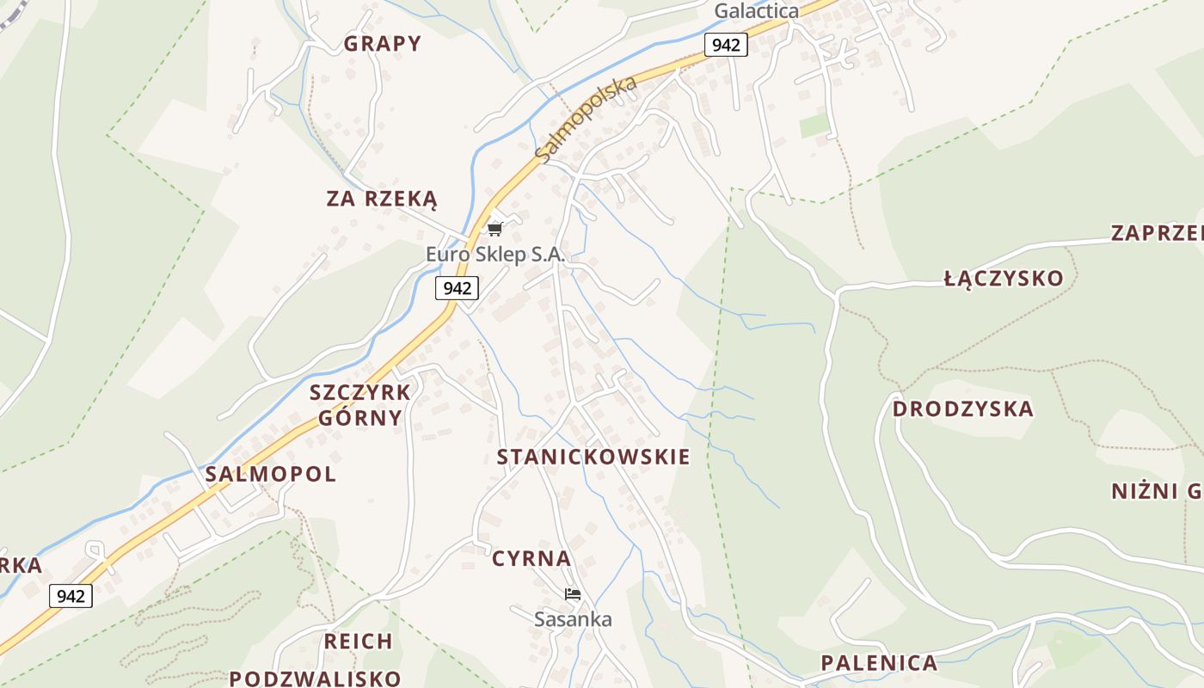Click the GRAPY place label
(383, 44)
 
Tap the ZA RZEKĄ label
(382, 200)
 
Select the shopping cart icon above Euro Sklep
(494, 229)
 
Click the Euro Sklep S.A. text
(495, 255)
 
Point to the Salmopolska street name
(586, 119)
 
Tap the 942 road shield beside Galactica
(726, 45)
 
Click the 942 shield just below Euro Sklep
(457, 288)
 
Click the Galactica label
(756, 11)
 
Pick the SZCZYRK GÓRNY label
(360, 405)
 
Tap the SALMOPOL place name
(270, 474)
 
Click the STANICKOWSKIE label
(593, 457)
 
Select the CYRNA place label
(531, 559)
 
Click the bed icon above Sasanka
(573, 594)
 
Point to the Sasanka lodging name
(573, 619)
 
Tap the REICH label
(359, 642)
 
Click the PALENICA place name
(879, 663)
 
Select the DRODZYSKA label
(962, 409)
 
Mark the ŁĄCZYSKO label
(1004, 279)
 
